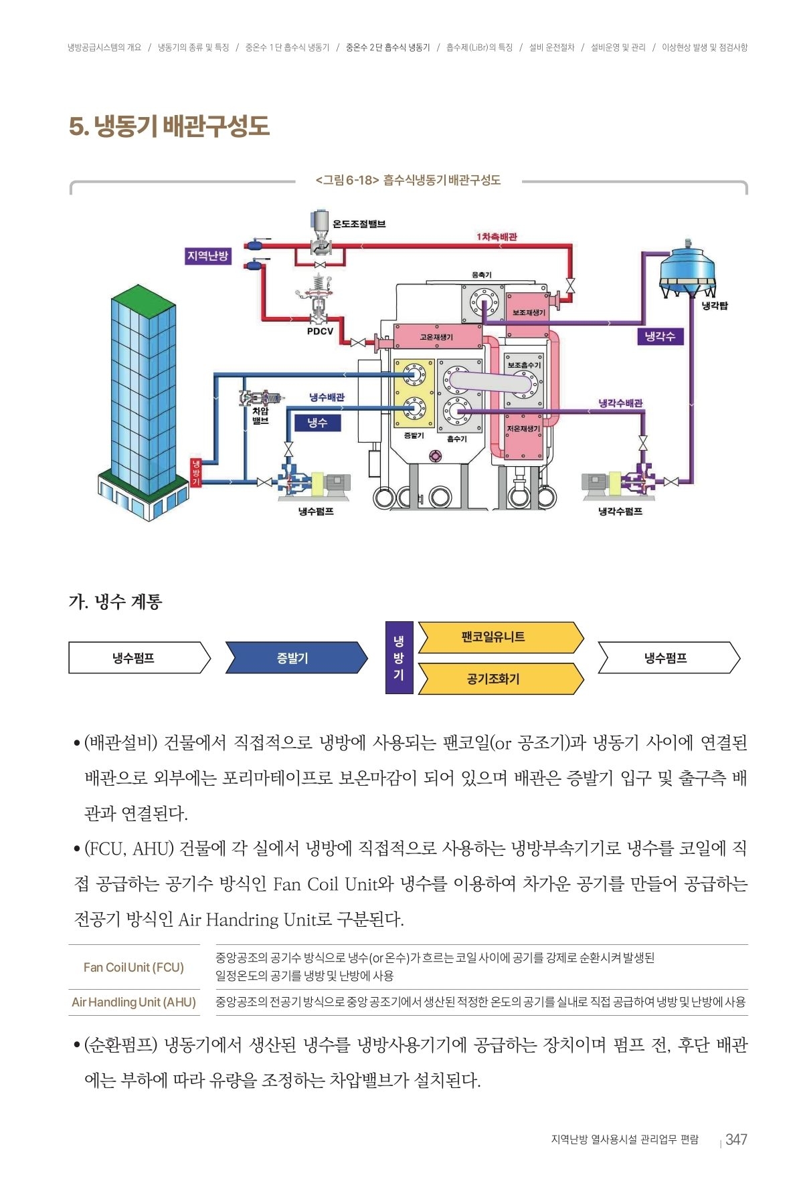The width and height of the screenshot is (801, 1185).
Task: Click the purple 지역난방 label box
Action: [x=207, y=256]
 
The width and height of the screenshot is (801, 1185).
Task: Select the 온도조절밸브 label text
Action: [x=359, y=224]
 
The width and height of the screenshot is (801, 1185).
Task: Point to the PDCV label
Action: [x=320, y=331]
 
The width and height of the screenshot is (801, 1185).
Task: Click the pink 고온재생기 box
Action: [x=438, y=337]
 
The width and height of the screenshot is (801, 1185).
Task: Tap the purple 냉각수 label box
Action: [x=659, y=336]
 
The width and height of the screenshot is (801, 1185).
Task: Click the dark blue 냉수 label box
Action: [x=317, y=423]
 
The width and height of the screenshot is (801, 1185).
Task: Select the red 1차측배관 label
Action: [x=497, y=237]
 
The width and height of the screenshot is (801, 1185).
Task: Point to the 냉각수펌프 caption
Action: [x=620, y=512]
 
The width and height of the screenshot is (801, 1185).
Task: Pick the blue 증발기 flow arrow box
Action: [x=295, y=658]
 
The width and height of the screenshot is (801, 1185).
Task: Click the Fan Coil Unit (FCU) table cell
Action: [x=134, y=967]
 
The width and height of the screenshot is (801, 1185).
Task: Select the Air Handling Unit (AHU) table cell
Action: [x=134, y=1002]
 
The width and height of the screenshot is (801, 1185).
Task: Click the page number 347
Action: [x=735, y=1140]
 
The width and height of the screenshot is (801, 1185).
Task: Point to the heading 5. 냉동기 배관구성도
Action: [x=169, y=126]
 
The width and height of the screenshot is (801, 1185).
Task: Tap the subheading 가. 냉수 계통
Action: [x=115, y=602]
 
